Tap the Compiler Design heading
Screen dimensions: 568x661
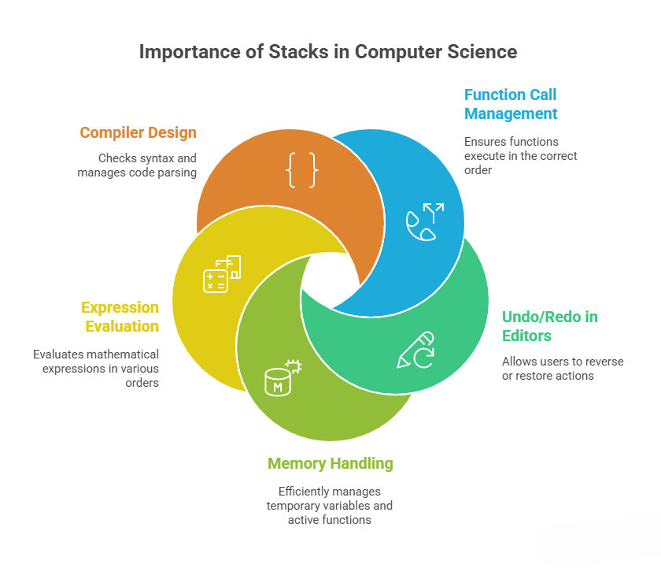tap(138, 132)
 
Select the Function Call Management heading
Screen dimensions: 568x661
tap(510, 104)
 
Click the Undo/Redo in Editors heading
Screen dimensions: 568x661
tap(549, 326)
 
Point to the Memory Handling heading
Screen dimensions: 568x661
tap(330, 463)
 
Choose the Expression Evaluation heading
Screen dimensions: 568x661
tap(119, 317)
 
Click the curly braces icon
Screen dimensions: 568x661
tap(302, 171)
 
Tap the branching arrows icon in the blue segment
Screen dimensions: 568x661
tap(425, 221)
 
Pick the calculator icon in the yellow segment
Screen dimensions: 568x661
tap(221, 273)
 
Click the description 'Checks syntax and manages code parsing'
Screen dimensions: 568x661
tap(137, 165)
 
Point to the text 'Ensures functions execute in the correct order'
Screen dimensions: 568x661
tap(520, 156)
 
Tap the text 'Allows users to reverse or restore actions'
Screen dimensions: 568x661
tap(563, 369)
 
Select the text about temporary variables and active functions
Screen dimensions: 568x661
tap(330, 505)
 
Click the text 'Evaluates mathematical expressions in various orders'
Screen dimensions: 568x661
tap(96, 369)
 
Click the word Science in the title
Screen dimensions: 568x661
tap(480, 52)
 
